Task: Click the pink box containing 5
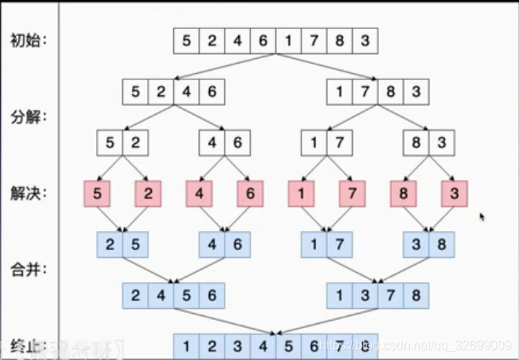click(97, 193)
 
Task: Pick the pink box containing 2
click(148, 193)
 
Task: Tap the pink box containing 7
click(352, 193)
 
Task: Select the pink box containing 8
click(404, 193)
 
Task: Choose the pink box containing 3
click(455, 193)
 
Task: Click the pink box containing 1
click(301, 193)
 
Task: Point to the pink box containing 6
click(250, 193)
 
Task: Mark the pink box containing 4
click(199, 193)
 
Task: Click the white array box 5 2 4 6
click(173, 92)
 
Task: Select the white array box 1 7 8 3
click(377, 92)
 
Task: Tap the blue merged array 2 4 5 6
click(173, 296)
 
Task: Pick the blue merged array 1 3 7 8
click(377, 296)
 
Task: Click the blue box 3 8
click(429, 244)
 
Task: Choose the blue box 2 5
click(122, 244)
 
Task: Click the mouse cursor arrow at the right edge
click(482, 217)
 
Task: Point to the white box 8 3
click(429, 143)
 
